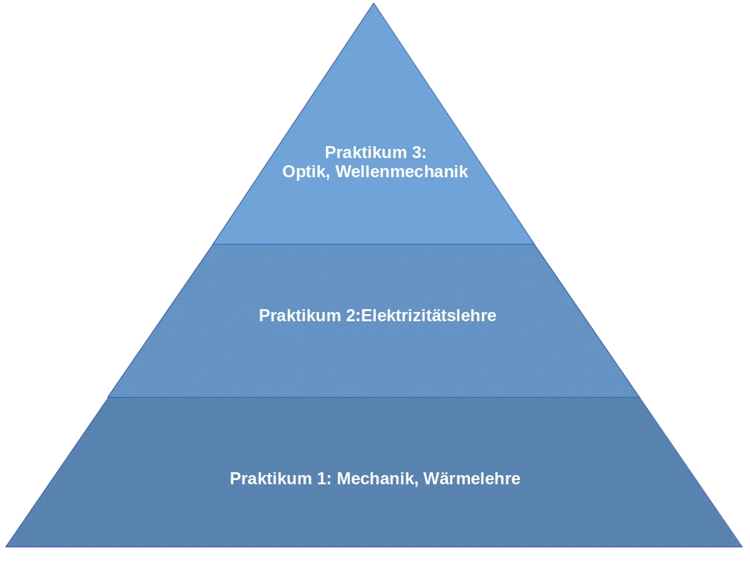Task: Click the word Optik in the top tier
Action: (304, 172)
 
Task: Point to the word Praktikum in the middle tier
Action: (301, 316)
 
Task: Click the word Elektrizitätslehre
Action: (428, 316)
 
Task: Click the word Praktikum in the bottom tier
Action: (272, 479)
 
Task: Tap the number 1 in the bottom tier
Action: (323, 479)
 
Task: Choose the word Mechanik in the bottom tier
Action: (377, 479)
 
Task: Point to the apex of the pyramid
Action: (374, 4)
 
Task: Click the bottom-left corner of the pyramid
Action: (6, 546)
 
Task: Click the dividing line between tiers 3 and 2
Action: (374, 244)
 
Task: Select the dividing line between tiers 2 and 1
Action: (374, 397)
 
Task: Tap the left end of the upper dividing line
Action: (214, 244)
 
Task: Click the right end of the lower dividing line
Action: (639, 397)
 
